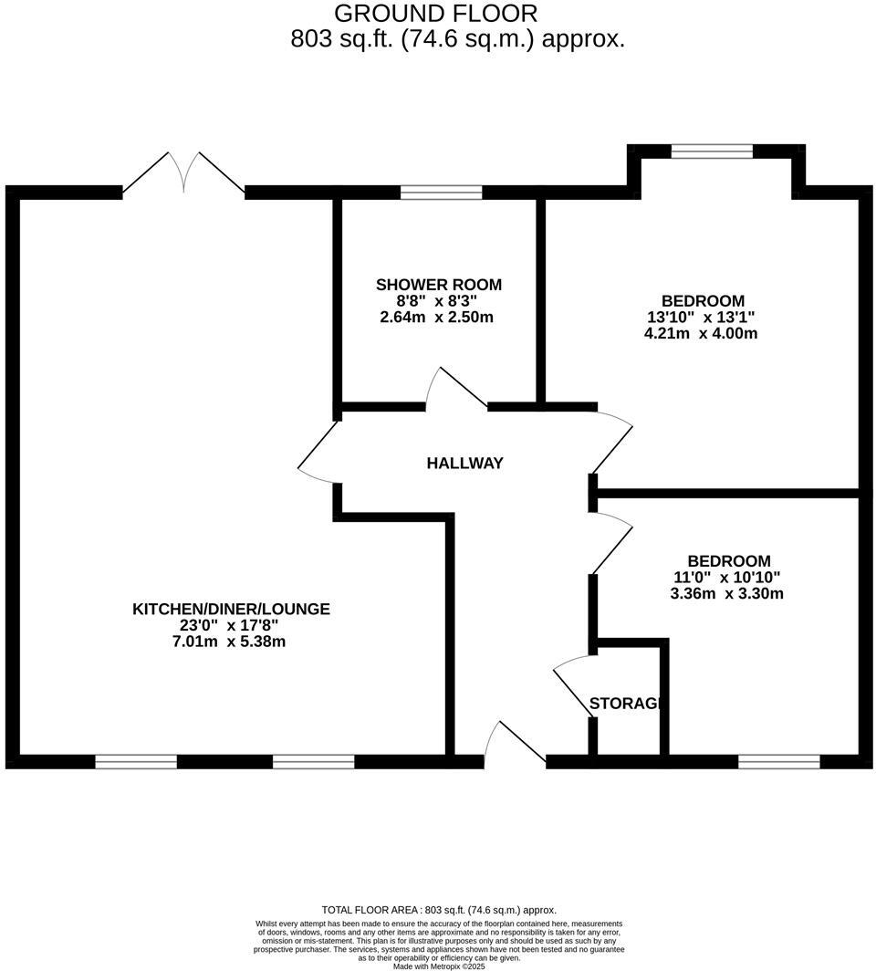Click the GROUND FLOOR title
point(435,14)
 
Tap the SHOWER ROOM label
point(439,285)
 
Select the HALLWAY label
point(464,464)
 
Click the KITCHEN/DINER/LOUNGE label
point(231,609)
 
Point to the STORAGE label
point(624,704)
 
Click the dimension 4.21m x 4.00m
point(701,334)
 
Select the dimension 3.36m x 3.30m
point(727,593)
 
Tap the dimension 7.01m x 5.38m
point(231,642)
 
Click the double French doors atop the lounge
point(184,173)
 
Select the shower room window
point(441,193)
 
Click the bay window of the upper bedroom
point(712,151)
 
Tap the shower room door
point(459,388)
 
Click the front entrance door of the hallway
point(515,742)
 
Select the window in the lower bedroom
point(778,761)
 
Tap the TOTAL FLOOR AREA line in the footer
point(439,910)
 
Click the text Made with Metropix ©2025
point(439,966)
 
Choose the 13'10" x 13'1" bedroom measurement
point(701,318)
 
